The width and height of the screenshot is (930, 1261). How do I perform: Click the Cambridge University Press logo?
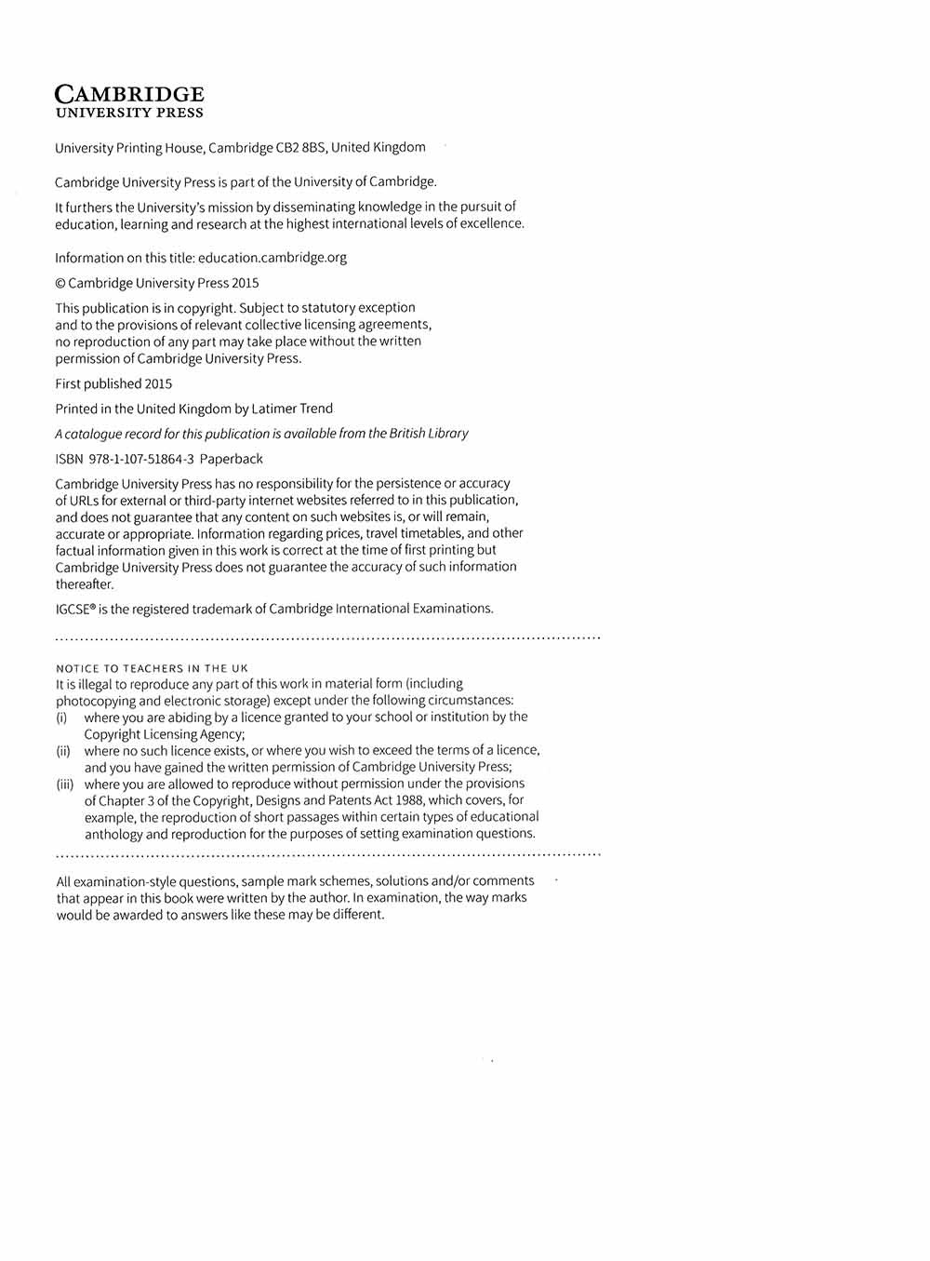[x=129, y=101]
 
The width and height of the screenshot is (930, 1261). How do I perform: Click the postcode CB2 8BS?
[x=301, y=148]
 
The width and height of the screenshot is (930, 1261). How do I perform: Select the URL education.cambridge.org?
[x=272, y=258]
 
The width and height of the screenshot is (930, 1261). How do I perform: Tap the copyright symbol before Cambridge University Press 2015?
[x=60, y=283]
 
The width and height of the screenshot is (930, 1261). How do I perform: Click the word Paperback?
[x=232, y=459]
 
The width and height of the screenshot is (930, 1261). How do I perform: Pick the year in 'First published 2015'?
[x=158, y=383]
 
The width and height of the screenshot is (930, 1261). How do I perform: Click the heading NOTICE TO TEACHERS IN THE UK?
[x=152, y=668]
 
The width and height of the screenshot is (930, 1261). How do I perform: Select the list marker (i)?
[x=61, y=718]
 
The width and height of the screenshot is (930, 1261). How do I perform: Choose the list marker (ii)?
[x=63, y=751]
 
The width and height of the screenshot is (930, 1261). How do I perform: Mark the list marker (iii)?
[x=65, y=785]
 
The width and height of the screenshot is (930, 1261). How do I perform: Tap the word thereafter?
[x=84, y=584]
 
